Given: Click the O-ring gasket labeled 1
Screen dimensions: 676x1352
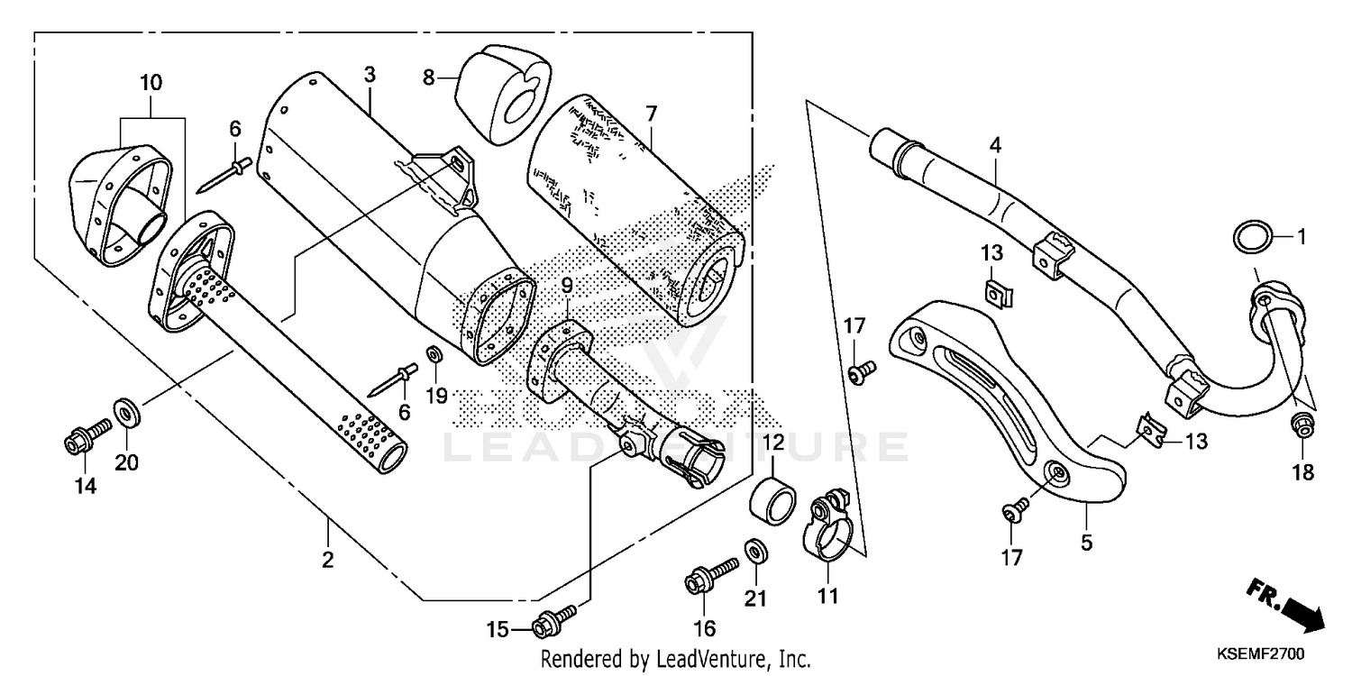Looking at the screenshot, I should [x=1253, y=239].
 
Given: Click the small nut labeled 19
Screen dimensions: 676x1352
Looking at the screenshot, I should [x=433, y=352].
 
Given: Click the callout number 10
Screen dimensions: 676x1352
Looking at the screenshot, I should [x=151, y=83].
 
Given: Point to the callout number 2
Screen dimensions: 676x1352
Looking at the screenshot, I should [x=327, y=560].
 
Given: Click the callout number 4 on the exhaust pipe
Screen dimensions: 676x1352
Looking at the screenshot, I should [x=994, y=143].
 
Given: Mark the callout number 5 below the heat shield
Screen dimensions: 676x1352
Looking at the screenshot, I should [x=1086, y=543].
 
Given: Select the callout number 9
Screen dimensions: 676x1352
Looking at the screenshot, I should [x=566, y=286].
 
